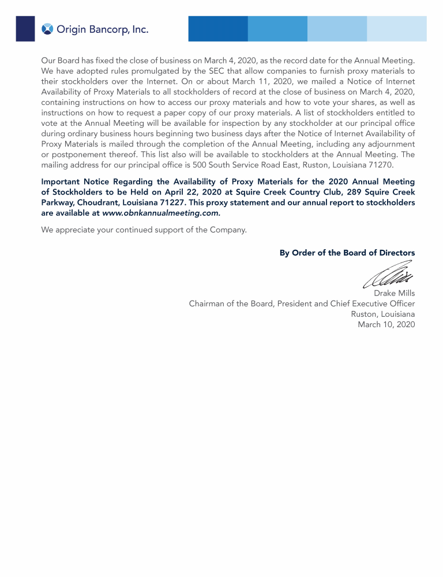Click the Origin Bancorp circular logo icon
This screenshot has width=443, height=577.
(47, 29)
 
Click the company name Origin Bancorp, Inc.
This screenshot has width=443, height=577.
(102, 29)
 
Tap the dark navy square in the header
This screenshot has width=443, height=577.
(25, 29)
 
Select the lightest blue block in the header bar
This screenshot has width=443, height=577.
(397, 29)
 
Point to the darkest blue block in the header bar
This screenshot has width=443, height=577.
(218, 29)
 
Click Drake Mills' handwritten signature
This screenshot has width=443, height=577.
(388, 276)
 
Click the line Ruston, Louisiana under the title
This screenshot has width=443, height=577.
(382, 314)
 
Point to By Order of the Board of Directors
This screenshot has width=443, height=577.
(347, 253)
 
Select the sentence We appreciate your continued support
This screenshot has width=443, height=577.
(144, 230)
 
